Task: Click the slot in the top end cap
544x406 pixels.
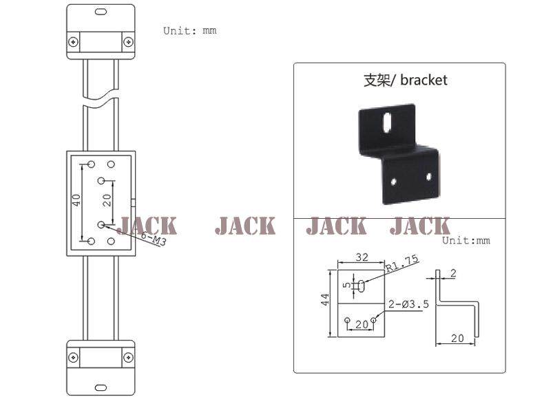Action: tap(101, 12)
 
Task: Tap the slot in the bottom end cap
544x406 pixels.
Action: tap(101, 387)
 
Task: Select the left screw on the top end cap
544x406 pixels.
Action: tap(73, 42)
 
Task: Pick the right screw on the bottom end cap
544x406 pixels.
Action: tap(128, 357)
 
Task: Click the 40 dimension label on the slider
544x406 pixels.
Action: tap(76, 200)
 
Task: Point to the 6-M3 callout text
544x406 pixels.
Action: tap(154, 239)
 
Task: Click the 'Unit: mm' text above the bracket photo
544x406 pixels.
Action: tap(466, 240)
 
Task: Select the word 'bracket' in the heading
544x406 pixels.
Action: tap(423, 80)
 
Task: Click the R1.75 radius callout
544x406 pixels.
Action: tap(402, 263)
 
